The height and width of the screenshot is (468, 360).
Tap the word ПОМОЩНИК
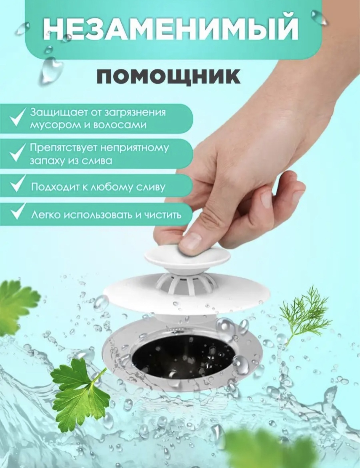[x=168, y=76]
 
